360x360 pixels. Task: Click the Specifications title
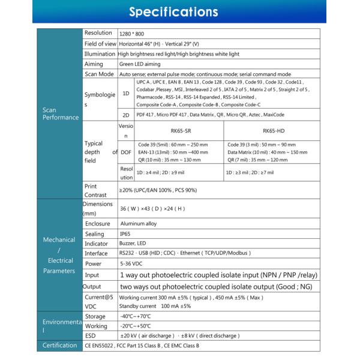(180, 11)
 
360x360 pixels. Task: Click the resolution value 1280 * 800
(132, 34)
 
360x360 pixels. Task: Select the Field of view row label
(100, 44)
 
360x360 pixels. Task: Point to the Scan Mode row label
(99, 74)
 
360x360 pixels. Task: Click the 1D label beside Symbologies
(125, 94)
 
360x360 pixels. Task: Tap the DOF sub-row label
(125, 152)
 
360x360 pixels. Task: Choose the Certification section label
(58, 346)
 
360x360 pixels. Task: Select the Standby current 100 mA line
(155, 305)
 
